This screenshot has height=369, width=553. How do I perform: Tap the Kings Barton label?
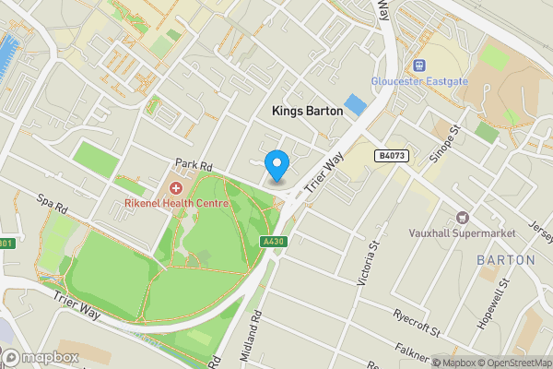(x=307, y=110)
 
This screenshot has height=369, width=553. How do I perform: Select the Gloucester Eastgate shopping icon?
(x=420, y=65)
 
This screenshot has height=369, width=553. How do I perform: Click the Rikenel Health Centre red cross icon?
(x=175, y=187)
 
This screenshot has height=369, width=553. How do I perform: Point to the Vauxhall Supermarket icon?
(x=463, y=218)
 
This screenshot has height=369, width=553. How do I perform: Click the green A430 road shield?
(x=270, y=242)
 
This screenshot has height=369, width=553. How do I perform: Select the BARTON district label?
(x=505, y=260)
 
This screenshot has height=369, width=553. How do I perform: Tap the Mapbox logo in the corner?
(x=40, y=357)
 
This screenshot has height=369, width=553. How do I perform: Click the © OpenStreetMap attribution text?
(x=510, y=362)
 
